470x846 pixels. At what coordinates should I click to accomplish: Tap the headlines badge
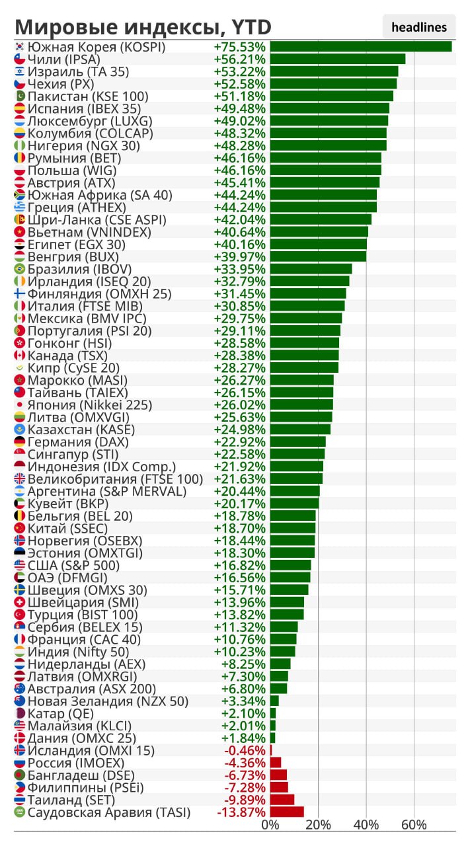(419, 27)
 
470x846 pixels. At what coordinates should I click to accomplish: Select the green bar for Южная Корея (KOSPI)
(361, 47)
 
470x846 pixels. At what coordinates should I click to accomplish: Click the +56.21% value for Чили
(239, 59)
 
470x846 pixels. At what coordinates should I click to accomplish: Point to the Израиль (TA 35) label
(78, 71)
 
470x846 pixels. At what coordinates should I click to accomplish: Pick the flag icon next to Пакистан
(20, 96)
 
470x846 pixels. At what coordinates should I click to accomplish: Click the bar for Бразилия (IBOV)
(311, 269)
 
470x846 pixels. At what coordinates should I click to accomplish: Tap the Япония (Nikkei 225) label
(89, 405)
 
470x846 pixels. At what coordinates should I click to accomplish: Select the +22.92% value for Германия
(239, 442)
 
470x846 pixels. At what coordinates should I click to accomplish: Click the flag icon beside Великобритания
(20, 479)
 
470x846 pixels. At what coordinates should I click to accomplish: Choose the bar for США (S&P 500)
(290, 566)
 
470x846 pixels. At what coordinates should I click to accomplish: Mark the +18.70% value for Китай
(239, 529)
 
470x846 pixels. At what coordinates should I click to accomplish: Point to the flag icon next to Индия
(20, 652)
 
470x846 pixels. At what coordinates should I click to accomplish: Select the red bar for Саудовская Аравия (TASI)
(287, 812)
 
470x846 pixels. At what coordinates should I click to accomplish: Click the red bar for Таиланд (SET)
(282, 800)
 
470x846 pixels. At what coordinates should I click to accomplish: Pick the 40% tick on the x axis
(366, 825)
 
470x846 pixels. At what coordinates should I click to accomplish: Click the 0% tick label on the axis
(270, 825)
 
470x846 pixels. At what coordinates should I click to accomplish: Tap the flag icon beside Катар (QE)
(20, 714)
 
